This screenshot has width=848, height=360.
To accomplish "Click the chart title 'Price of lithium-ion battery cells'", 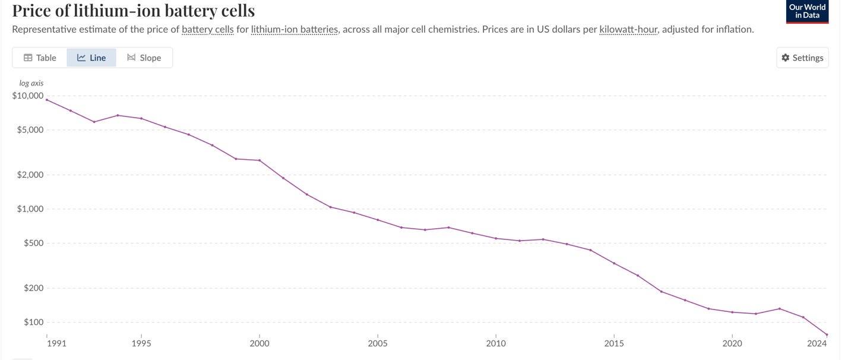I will pyautogui.click(x=134, y=10).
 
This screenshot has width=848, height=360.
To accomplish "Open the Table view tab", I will pyautogui.click(x=40, y=58).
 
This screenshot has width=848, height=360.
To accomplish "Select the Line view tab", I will pyautogui.click(x=91, y=58).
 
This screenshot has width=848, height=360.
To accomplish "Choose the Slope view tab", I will pyautogui.click(x=144, y=58).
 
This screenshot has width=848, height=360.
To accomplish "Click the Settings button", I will pyautogui.click(x=802, y=58).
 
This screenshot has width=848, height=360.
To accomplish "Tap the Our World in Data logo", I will pyautogui.click(x=807, y=11).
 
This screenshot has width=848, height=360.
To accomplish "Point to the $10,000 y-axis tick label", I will pyautogui.click(x=27, y=96).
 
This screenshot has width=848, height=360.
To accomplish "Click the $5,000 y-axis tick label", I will pyautogui.click(x=29, y=130).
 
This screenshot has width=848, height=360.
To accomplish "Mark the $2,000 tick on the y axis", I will pyautogui.click(x=29, y=175).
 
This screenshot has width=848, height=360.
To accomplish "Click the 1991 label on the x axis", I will pyautogui.click(x=47, y=343).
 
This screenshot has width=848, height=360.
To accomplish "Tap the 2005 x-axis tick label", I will pyautogui.click(x=378, y=343).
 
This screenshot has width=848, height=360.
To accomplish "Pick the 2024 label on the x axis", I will pyautogui.click(x=817, y=343).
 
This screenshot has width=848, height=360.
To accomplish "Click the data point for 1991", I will pyautogui.click(x=47, y=100).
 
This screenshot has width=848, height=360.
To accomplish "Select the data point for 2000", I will pyautogui.click(x=260, y=160).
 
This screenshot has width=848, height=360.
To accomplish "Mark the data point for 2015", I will pyautogui.click(x=614, y=263).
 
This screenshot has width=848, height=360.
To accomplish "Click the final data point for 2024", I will pyautogui.click(x=827, y=335).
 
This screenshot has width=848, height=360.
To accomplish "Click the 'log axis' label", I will pyautogui.click(x=31, y=83).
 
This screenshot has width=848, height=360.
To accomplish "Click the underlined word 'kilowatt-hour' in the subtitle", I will pyautogui.click(x=629, y=29).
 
